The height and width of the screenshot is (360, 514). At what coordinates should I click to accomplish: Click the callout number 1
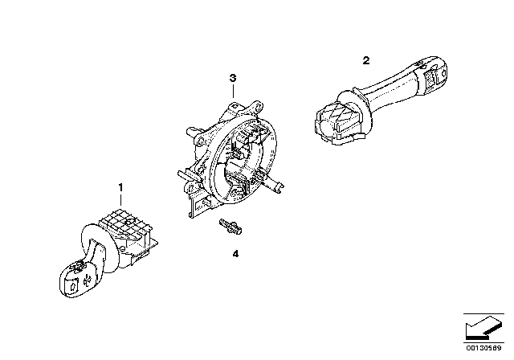tap(120, 187)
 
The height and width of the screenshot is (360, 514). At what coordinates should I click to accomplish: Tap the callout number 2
tap(366, 60)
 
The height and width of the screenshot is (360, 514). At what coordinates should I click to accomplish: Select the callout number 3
tap(233, 78)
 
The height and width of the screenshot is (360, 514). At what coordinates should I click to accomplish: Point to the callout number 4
tap(235, 254)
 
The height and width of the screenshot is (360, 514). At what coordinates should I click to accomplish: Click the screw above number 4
tap(230, 226)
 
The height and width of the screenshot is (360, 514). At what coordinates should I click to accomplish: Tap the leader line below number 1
tap(121, 200)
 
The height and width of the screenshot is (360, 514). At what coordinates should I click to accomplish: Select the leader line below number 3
tap(233, 91)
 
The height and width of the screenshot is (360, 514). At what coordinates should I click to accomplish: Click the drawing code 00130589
tap(483, 348)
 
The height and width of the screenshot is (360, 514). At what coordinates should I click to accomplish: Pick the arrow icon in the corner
tap(483, 327)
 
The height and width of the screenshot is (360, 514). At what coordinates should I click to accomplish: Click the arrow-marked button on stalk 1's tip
tap(72, 284)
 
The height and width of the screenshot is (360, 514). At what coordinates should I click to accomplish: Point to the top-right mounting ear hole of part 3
tap(259, 107)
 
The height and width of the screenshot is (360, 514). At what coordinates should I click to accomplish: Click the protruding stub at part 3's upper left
tap(193, 132)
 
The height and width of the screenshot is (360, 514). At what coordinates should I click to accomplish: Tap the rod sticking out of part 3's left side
tap(186, 175)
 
